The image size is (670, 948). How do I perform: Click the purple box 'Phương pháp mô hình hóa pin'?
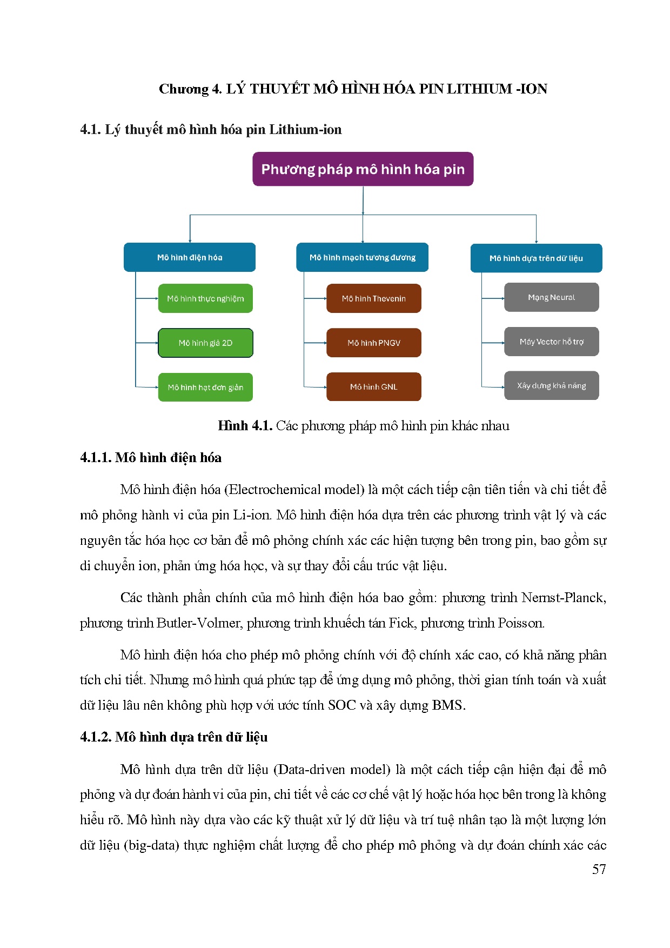click(363, 169)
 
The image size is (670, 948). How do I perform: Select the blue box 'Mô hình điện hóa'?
click(189, 257)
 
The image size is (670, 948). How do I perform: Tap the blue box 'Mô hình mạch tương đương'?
click(362, 257)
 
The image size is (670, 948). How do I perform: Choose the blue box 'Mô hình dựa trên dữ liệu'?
click(536, 258)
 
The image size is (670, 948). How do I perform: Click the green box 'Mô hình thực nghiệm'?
click(205, 298)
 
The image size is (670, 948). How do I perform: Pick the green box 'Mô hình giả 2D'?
click(205, 343)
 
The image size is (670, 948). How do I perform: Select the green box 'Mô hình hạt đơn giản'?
click(205, 387)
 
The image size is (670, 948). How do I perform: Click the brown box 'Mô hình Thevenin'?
click(373, 298)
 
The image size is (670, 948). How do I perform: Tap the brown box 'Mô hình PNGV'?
click(373, 343)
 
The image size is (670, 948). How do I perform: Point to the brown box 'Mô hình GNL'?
click(373, 387)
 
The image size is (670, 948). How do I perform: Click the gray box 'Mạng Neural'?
click(551, 297)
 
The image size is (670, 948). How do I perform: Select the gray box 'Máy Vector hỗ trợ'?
click(551, 342)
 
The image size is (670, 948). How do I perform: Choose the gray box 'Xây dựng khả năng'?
click(551, 385)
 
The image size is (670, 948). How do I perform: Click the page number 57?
click(599, 870)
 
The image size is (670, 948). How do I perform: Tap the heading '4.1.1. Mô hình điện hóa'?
click(151, 458)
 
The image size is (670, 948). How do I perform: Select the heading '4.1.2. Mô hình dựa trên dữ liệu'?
click(174, 737)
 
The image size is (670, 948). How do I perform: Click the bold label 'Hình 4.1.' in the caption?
click(245, 426)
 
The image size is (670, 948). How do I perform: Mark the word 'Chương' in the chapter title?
click(183, 89)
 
